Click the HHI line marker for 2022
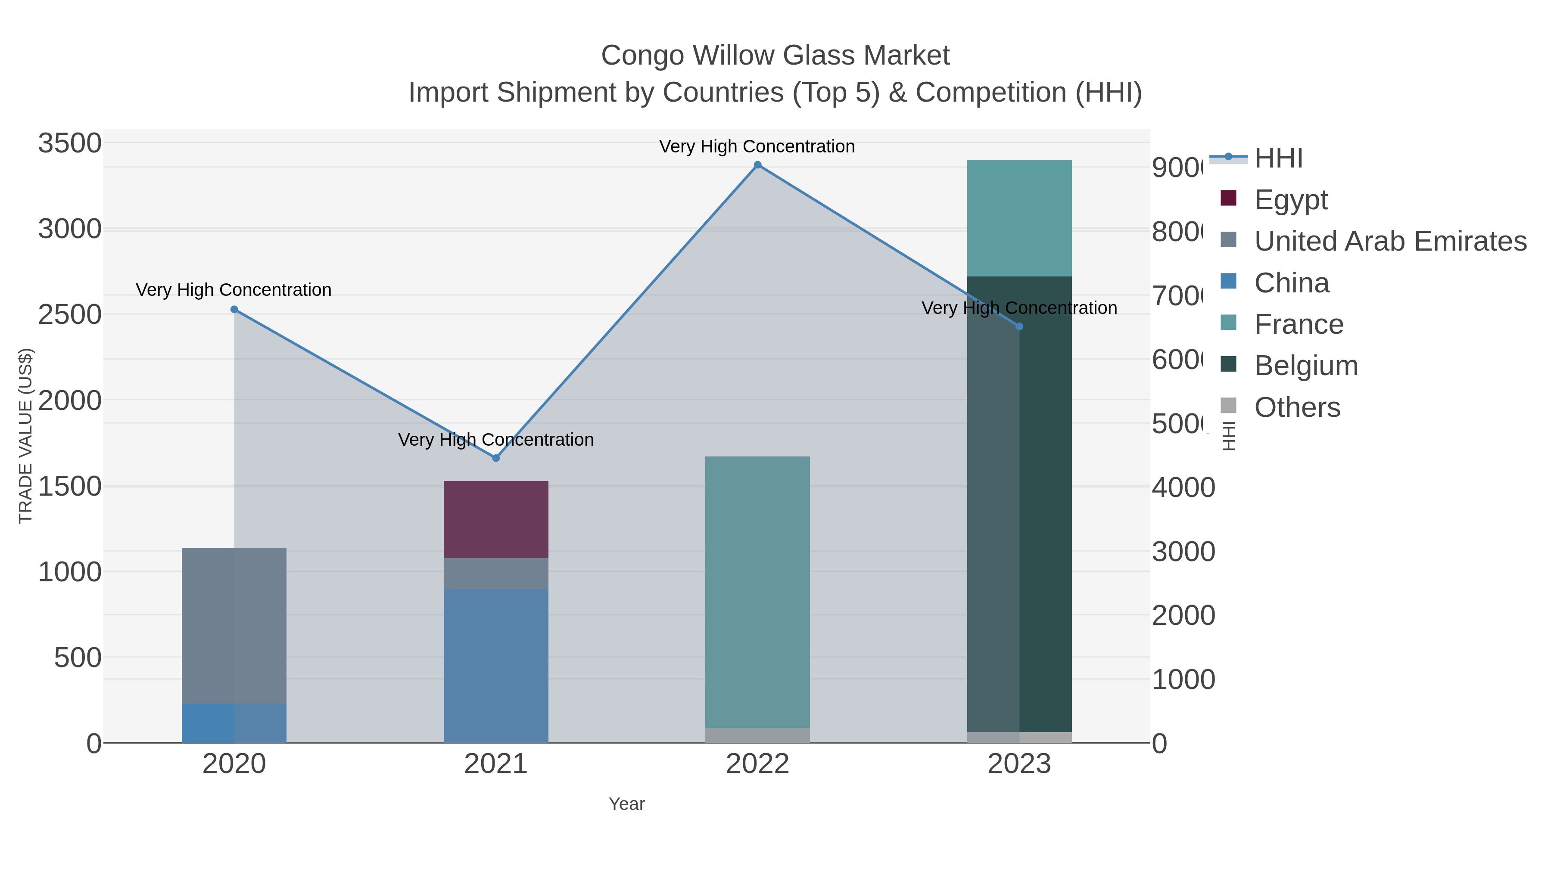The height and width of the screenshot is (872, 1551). tap(757, 165)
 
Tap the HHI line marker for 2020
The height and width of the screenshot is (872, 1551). tap(234, 309)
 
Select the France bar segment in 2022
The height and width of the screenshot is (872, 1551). tap(757, 592)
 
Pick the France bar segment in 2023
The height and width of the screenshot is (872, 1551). tap(1019, 218)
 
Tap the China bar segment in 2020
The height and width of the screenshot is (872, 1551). tap(234, 723)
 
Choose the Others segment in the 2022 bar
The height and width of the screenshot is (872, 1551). tap(757, 735)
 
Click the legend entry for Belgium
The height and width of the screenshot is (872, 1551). tap(1305, 366)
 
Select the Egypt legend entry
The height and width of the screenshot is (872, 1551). tap(1290, 200)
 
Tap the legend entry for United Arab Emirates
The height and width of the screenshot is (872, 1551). tap(1389, 241)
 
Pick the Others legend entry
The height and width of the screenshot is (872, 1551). tap(1297, 407)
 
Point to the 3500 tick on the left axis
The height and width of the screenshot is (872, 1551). tap(70, 144)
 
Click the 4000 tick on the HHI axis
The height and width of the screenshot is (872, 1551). tap(1183, 487)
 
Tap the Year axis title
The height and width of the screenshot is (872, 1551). tap(626, 804)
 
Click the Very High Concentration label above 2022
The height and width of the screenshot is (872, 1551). tap(757, 147)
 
